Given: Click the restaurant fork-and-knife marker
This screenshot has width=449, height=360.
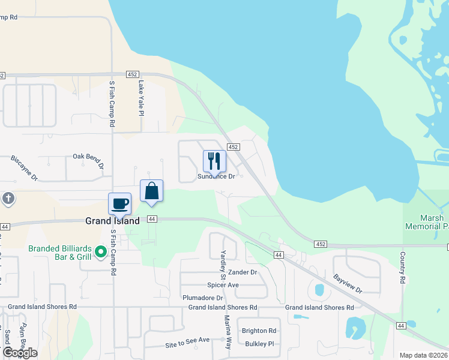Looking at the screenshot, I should (214, 161).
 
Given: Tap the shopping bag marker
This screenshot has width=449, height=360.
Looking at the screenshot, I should (152, 191).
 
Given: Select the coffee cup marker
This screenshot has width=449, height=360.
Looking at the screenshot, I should (120, 203).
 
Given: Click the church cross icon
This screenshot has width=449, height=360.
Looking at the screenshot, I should (8, 198).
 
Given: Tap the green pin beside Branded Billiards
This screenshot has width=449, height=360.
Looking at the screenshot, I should (102, 253).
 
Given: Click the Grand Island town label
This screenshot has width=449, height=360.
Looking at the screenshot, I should (112, 221).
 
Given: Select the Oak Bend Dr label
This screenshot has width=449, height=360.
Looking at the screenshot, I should (88, 160).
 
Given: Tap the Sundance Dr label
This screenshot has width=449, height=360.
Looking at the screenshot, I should (217, 176).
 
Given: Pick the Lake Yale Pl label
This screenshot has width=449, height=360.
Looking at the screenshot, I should (142, 98).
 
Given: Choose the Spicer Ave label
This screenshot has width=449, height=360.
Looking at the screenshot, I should (223, 285).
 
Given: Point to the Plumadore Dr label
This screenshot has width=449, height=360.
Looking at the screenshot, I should (203, 298).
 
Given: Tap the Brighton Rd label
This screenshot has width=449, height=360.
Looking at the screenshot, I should (259, 331).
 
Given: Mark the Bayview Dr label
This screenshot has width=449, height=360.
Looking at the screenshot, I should (348, 284).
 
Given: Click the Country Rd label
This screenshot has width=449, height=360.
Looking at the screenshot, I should (403, 268).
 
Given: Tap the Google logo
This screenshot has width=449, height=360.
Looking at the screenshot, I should (20, 353).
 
